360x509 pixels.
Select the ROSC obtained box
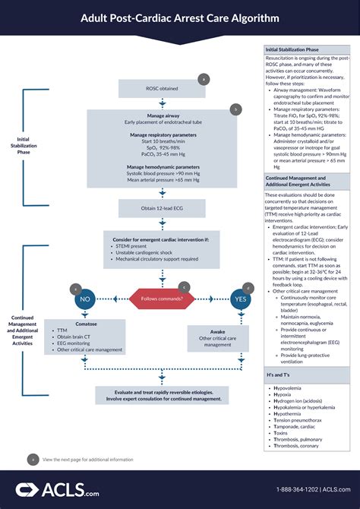click(162, 88)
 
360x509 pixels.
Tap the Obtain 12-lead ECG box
click(162, 209)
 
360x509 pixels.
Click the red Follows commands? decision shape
click(162, 299)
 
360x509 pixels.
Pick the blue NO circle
click(86, 299)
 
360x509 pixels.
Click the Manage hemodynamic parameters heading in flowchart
click(162, 166)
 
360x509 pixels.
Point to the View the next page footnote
click(87, 459)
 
